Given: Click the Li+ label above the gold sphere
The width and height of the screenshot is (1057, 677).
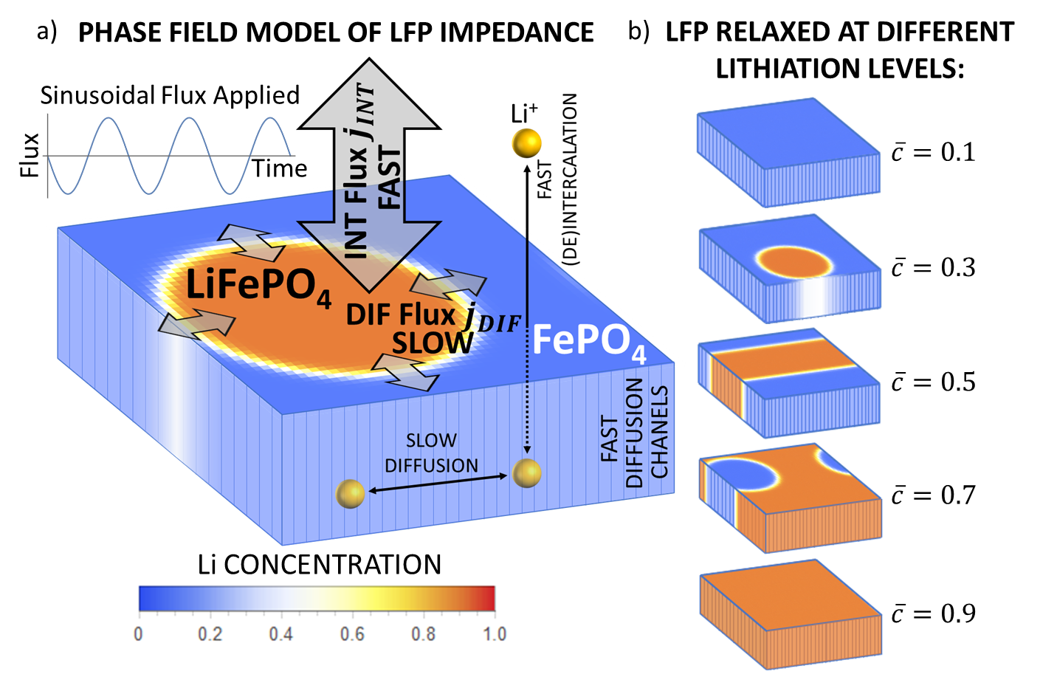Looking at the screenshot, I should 523,113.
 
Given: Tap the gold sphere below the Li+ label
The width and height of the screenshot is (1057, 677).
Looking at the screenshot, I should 526,143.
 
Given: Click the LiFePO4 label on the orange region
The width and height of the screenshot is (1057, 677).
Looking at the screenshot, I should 258,286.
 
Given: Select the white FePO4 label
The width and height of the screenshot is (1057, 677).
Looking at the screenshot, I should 589,342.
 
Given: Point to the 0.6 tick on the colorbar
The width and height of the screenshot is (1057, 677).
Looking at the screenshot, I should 352,634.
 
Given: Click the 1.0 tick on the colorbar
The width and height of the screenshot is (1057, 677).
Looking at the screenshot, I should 494,634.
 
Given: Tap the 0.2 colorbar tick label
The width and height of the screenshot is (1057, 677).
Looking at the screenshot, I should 210,634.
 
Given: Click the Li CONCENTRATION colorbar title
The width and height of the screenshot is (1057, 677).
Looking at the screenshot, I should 319,565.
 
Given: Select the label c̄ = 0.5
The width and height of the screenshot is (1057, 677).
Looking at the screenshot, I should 933,382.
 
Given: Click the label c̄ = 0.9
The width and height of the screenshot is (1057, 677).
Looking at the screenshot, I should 933,614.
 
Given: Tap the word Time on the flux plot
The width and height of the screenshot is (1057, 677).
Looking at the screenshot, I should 279,169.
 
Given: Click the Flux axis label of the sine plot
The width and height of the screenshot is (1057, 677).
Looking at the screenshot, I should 30,155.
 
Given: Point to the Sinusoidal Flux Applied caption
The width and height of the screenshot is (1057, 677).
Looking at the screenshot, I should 170,95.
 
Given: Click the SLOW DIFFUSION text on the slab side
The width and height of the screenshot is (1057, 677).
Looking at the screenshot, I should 431,453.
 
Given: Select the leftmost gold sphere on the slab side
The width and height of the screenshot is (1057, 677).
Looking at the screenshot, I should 350,493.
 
